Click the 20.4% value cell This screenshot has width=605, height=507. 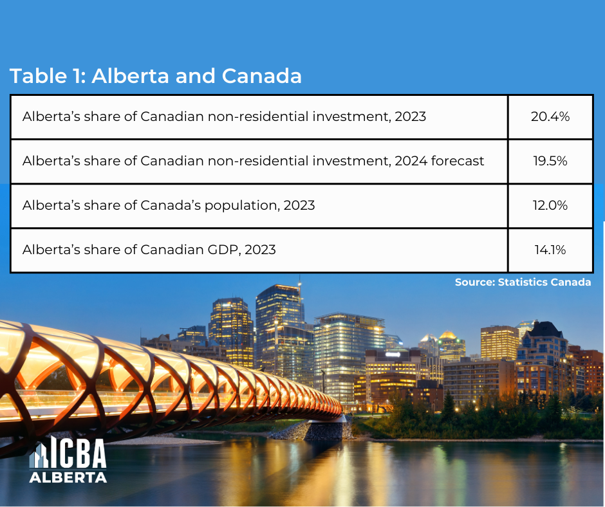click(x=550, y=117)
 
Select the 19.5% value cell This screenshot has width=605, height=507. click(x=550, y=161)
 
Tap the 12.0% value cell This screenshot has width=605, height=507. click(x=550, y=206)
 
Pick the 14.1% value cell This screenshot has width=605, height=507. click(x=550, y=250)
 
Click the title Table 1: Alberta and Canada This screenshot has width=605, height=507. click(x=156, y=76)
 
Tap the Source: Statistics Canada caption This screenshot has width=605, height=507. click(x=523, y=282)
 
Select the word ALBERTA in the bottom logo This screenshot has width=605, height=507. click(x=68, y=477)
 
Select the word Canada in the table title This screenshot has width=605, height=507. click(x=262, y=76)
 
